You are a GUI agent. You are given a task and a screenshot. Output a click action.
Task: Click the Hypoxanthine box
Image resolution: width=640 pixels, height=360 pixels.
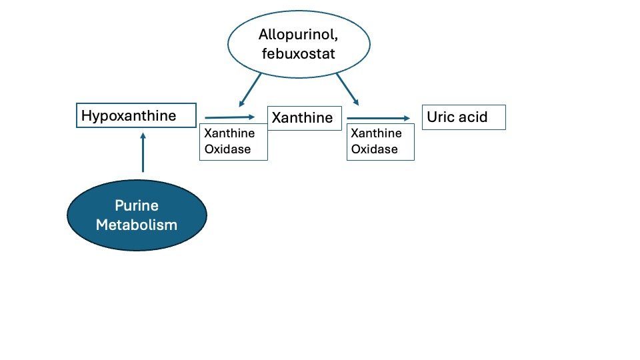pos(136,115)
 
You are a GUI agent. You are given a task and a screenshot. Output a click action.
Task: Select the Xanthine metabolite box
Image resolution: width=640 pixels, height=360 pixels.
pos(305,119)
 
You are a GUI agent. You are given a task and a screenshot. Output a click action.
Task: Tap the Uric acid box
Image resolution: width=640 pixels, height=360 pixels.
pos(464,117)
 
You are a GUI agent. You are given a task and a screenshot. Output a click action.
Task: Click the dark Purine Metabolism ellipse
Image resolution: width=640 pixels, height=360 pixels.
pos(137,215)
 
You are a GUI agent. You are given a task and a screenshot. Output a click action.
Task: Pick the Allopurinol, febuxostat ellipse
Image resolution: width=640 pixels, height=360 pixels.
pos(299,44)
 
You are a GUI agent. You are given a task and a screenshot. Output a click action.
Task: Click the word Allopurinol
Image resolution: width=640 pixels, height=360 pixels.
pos(298,34)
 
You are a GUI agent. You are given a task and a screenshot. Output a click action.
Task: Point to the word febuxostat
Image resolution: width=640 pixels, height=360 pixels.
pos(299,53)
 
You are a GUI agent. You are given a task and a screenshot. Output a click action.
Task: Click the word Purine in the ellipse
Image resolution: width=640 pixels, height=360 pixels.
pos(137,205)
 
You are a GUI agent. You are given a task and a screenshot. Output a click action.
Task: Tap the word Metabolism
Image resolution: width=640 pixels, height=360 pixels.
pos(137,225)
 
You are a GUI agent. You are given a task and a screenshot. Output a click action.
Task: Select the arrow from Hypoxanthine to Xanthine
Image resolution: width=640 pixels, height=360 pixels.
pos(230,117)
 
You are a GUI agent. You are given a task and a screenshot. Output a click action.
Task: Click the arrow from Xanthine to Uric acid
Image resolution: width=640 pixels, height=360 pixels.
pos(379,119)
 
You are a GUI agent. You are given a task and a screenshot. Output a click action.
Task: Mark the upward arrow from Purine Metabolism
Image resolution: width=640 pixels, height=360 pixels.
pos(143,152)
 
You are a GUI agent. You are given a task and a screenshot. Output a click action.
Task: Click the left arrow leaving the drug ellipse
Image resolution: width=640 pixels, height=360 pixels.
pos(250,90)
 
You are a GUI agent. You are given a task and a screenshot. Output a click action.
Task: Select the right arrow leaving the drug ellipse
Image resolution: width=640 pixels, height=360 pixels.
pos(347,89)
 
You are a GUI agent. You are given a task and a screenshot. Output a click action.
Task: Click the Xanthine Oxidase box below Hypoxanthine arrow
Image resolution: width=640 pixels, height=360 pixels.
pos(233,141)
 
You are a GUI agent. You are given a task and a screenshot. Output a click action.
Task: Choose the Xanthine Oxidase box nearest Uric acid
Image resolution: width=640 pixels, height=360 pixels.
pos(381,141)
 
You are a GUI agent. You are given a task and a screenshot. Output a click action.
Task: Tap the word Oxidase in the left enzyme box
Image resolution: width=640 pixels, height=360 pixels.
pos(228,149)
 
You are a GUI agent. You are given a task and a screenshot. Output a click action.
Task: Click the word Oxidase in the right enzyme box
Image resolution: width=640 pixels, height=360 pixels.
pos(374,149)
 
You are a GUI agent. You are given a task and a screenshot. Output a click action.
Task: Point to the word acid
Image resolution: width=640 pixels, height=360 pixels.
pos(473,117)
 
